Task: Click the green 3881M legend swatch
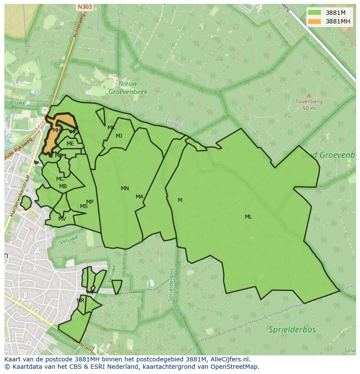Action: pyautogui.click(x=315, y=13)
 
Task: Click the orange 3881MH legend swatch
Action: pyautogui.click(x=315, y=21)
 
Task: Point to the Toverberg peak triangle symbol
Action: pyautogui.click(x=309, y=95)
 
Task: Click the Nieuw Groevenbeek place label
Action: pyautogui.click(x=128, y=88)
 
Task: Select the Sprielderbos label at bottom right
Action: pyautogui.click(x=292, y=329)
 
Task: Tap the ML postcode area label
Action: pyautogui.click(x=248, y=217)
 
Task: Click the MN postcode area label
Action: pyautogui.click(x=125, y=189)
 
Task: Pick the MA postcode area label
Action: pyautogui.click(x=139, y=197)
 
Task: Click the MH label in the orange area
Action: pyautogui.click(x=57, y=130)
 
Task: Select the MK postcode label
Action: pyautogui.click(x=111, y=128)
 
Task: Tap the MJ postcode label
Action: pyautogui.click(x=119, y=136)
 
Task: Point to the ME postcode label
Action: pyautogui.click(x=70, y=144)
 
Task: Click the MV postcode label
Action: pyautogui.click(x=62, y=219)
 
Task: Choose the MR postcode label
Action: pyautogui.click(x=80, y=301)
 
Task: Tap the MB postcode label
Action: pyautogui.click(x=63, y=187)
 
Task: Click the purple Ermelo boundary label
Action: pyautogui.click(x=174, y=124)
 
